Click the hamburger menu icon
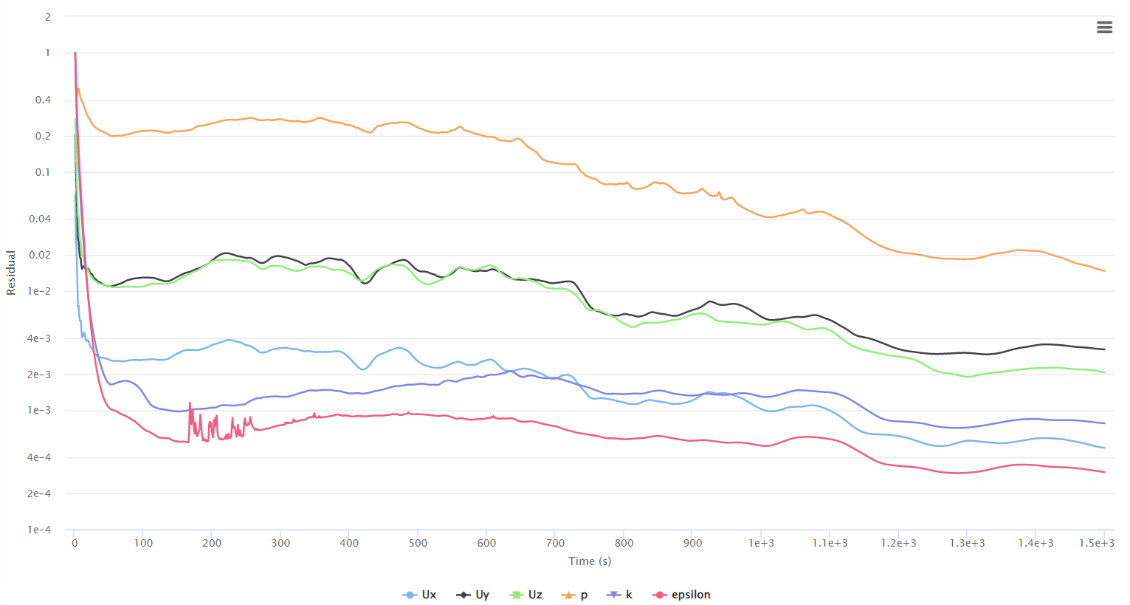(x=1104, y=27)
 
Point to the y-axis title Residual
(x=10, y=273)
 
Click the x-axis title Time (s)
(x=590, y=561)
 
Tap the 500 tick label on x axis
(x=418, y=543)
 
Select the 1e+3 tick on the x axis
(x=762, y=543)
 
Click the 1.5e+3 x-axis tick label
(x=1097, y=543)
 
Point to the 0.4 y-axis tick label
(x=43, y=100)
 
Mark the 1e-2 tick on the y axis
(x=39, y=291)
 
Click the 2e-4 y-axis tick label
(x=39, y=493)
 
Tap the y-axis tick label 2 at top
(x=48, y=16)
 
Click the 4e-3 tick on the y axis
(x=39, y=338)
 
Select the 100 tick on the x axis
(x=143, y=543)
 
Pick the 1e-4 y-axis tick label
(x=39, y=530)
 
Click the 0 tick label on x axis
(x=75, y=543)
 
